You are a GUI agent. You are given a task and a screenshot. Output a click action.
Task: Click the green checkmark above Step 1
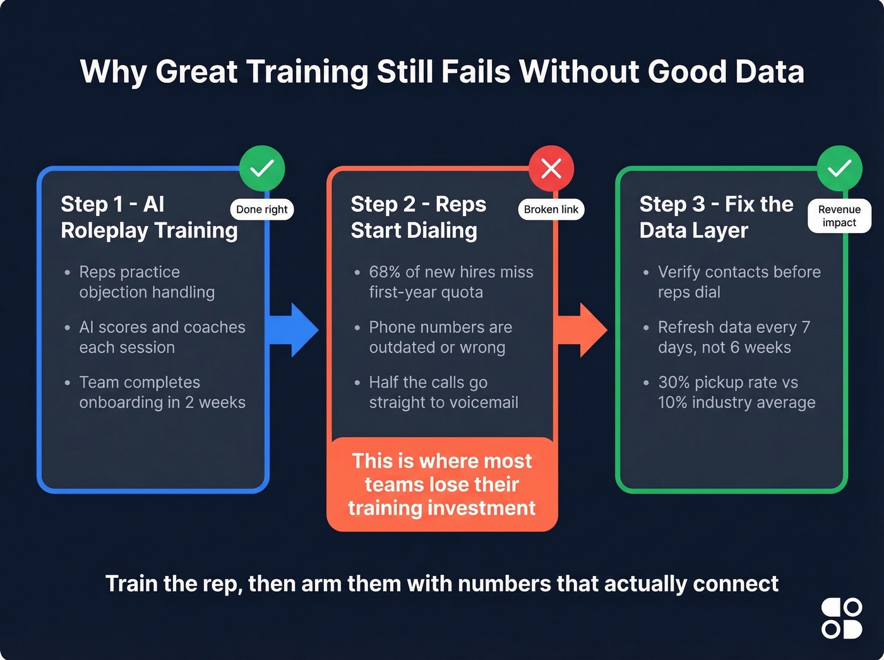click(262, 168)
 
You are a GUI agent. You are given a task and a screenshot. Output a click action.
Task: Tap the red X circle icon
click(551, 169)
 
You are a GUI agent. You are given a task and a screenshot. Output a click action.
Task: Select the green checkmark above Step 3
click(839, 168)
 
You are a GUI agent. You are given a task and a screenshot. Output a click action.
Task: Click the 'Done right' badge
click(261, 210)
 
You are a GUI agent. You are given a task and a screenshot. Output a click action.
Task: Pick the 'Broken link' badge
click(551, 210)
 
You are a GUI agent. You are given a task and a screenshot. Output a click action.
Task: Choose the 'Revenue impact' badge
click(839, 216)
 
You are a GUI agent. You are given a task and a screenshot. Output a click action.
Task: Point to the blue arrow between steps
click(294, 330)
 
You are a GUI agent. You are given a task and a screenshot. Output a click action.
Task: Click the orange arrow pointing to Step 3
click(582, 330)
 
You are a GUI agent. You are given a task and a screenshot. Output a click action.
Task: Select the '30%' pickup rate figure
click(673, 383)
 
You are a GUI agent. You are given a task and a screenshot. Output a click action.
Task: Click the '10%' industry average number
click(672, 403)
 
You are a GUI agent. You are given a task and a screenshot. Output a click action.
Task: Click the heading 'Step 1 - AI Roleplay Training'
click(149, 217)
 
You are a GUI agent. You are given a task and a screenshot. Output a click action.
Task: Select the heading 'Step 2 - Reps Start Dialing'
click(418, 217)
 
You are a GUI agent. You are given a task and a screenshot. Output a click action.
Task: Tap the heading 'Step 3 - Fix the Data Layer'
click(716, 217)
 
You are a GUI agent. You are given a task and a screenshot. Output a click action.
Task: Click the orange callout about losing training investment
click(442, 484)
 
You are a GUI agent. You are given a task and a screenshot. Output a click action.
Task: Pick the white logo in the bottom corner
click(842, 619)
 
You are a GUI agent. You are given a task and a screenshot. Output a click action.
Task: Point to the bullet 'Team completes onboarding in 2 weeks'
click(162, 392)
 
